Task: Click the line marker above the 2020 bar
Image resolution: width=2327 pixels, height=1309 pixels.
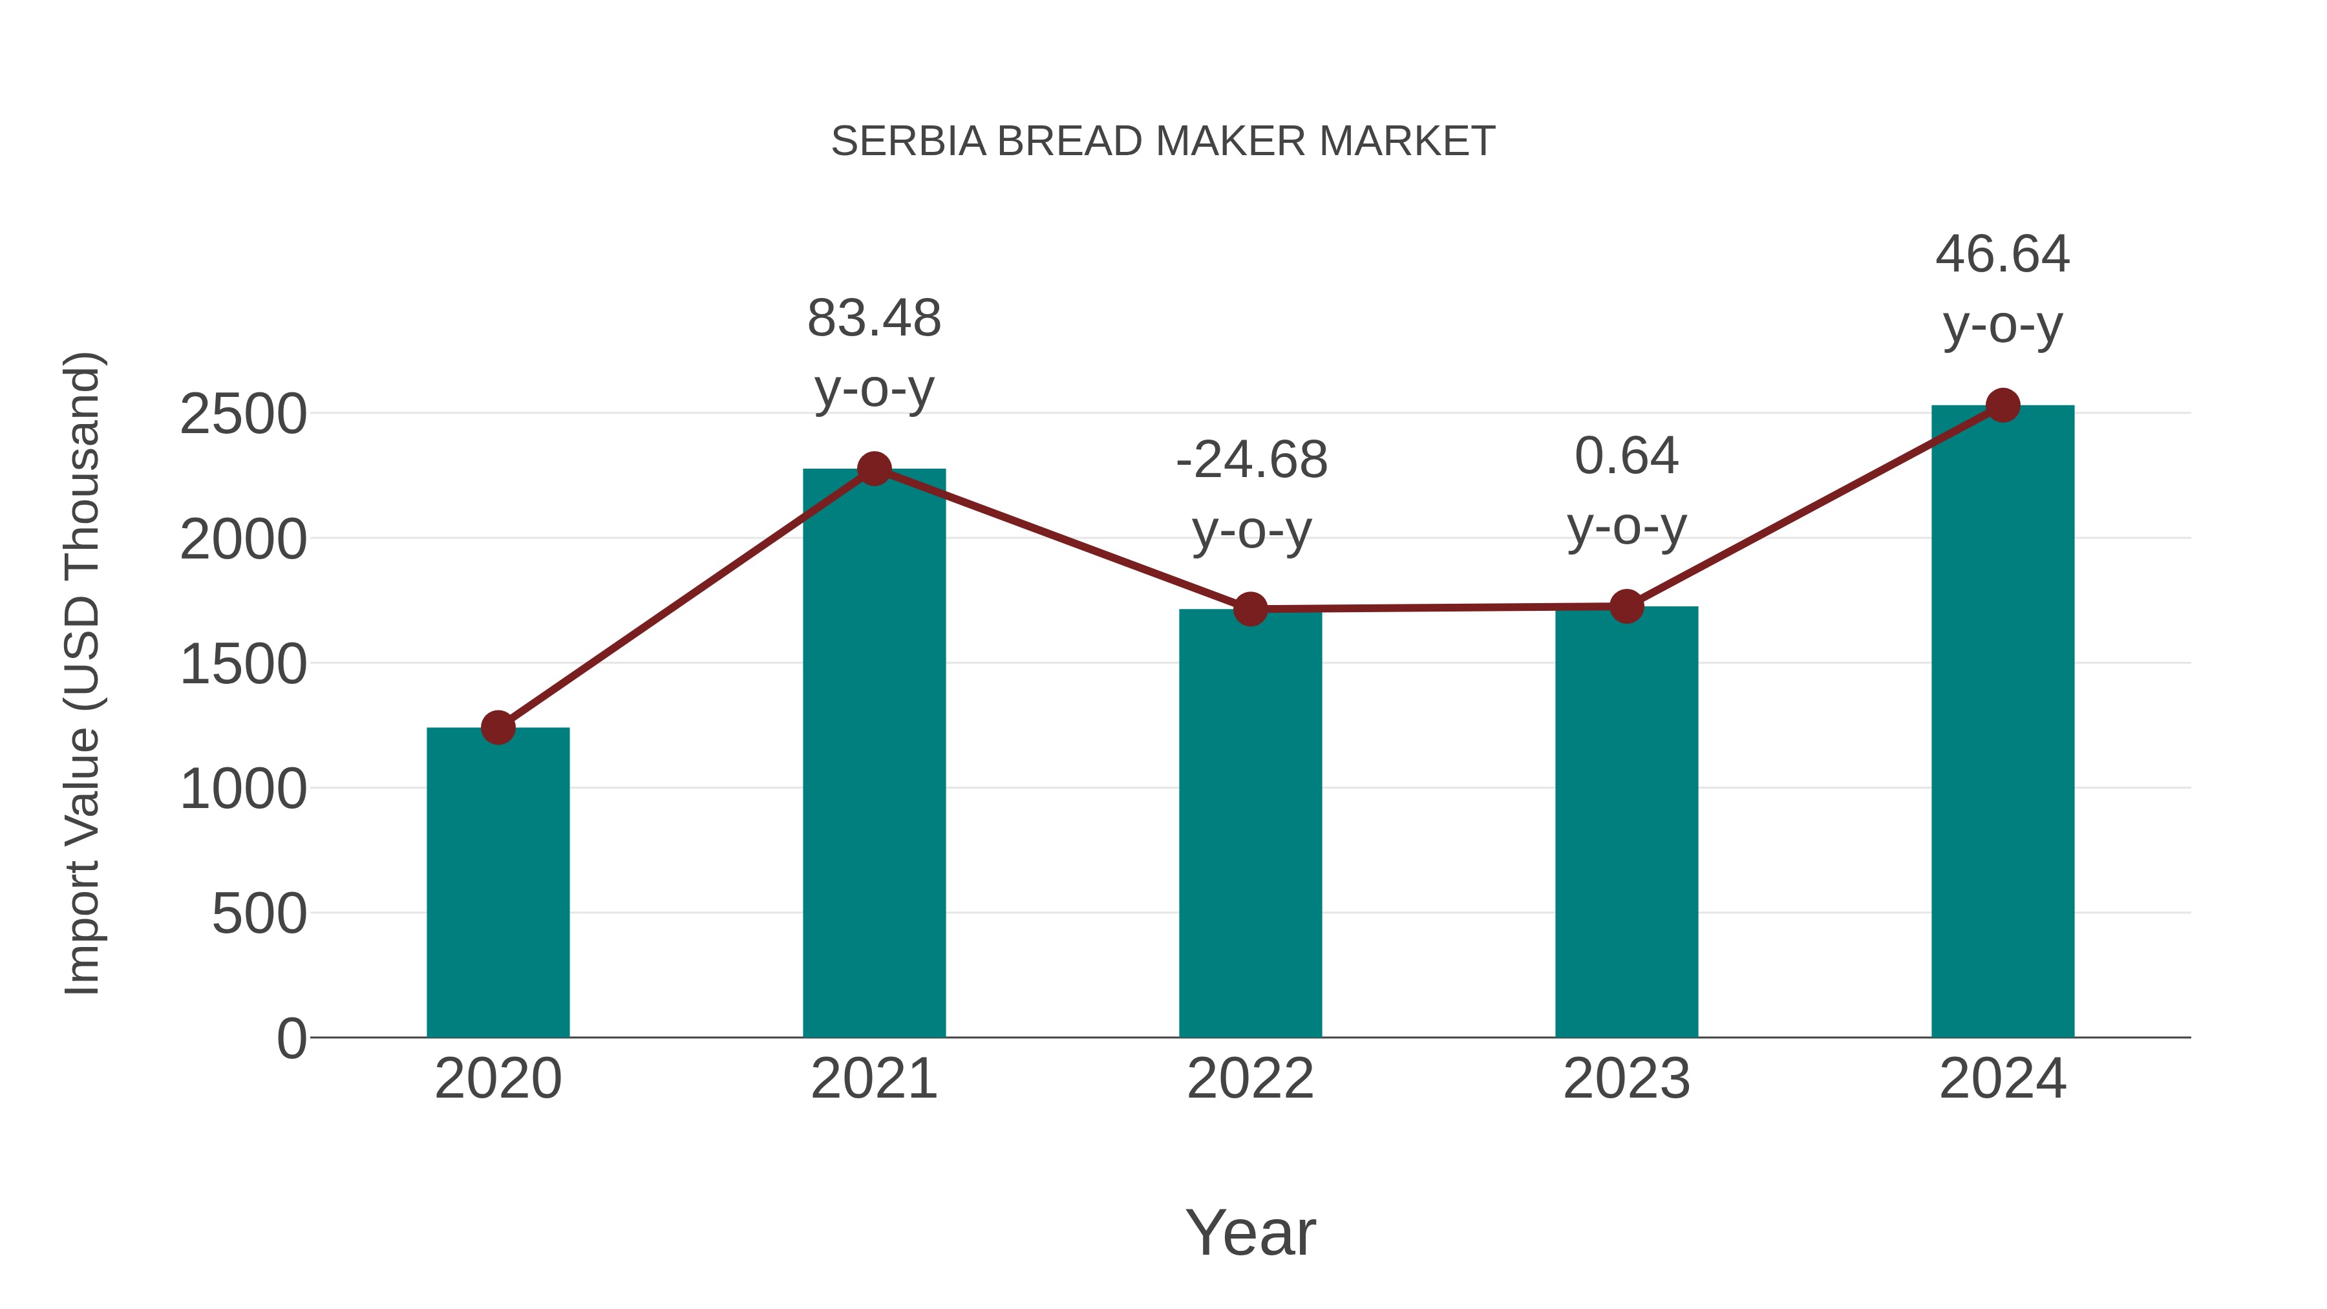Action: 498,727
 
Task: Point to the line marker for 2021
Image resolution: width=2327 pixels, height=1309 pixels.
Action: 873,469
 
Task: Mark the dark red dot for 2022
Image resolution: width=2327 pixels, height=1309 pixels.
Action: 1250,610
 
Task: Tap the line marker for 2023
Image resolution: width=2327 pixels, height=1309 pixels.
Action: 1626,607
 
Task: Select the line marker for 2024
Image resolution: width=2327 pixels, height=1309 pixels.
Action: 2003,405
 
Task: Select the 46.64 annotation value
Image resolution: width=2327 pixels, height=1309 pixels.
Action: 2002,255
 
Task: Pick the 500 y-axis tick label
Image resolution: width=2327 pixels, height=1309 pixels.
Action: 259,914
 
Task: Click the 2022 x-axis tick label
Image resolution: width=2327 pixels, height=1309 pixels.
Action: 1250,1079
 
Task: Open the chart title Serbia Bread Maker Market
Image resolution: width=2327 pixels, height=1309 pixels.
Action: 1163,142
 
